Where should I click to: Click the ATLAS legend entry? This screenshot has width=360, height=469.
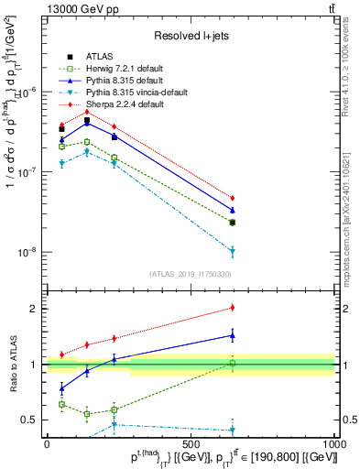pos(99,56)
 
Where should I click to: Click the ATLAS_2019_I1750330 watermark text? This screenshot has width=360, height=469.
pos(190,274)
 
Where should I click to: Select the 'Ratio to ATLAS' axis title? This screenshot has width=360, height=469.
pos(13,364)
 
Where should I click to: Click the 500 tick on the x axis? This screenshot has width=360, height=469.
pos(191,442)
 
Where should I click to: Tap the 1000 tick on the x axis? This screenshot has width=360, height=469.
pos(333,442)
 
